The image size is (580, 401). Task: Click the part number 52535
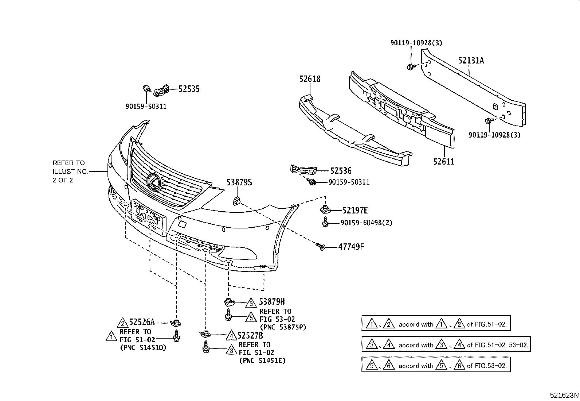tap(189, 89)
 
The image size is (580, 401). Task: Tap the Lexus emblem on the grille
tap(153, 182)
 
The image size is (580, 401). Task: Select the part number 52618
tap(310, 79)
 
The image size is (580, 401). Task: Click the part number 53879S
tap(239, 182)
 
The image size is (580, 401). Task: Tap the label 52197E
tap(354, 210)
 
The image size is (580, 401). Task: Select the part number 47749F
tap(351, 247)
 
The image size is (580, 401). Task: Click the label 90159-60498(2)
tap(366, 223)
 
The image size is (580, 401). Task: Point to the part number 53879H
tap(272, 302)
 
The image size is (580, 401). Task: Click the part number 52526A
tap(142, 322)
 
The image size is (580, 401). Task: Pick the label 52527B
tap(250, 335)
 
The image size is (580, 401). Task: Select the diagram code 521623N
tap(564, 396)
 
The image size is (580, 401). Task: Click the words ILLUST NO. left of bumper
tap(70, 171)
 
